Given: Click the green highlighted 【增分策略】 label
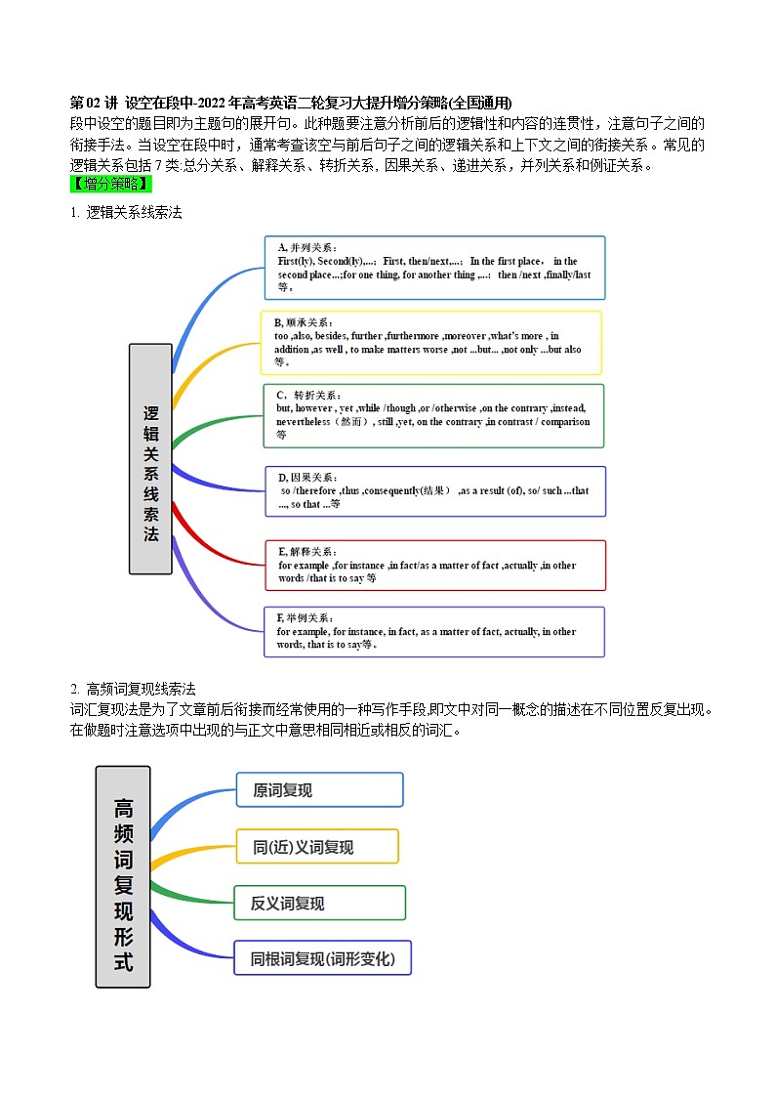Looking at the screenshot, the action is click(110, 185).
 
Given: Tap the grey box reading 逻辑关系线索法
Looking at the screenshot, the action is click(150, 458).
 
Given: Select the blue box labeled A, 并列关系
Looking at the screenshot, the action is click(434, 267).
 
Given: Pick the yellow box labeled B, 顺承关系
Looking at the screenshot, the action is click(430, 342).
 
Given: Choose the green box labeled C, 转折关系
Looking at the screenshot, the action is click(434, 415).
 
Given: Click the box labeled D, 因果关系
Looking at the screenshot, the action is click(435, 490).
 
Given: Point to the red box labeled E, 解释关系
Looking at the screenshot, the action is click(435, 565).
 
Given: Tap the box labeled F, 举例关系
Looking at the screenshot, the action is click(434, 631).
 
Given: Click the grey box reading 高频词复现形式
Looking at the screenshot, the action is click(123, 876).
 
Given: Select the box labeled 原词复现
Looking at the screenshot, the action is click(319, 789).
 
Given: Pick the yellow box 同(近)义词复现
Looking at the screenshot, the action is click(316, 846).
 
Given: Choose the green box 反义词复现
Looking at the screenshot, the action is click(319, 903).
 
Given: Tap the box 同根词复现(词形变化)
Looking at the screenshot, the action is click(322, 957).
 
